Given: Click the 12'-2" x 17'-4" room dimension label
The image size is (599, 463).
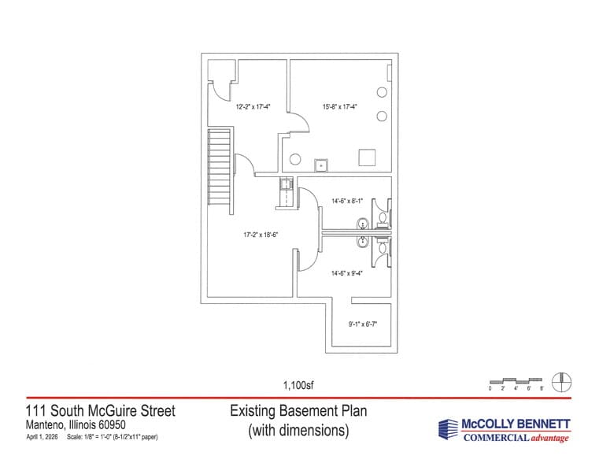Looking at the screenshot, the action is [x=253, y=107].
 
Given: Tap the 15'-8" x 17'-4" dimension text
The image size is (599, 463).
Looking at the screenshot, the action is [x=339, y=107].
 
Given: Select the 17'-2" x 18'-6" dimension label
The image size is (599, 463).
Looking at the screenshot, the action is [x=261, y=235].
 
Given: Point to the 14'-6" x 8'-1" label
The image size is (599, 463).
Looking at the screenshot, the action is [x=347, y=201].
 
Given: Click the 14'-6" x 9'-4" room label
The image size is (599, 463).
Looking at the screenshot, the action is [x=347, y=273].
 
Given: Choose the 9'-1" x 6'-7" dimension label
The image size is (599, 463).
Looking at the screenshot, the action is [x=363, y=324].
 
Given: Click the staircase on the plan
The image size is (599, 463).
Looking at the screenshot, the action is [x=219, y=167].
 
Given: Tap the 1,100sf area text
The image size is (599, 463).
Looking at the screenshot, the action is [x=298, y=385].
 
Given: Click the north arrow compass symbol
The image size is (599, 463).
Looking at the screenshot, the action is [x=562, y=382].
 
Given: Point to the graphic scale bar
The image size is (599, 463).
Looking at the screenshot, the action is [x=516, y=381].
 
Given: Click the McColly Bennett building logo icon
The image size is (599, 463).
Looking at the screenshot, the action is [x=448, y=429].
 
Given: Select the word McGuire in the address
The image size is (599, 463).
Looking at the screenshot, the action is [x=113, y=411].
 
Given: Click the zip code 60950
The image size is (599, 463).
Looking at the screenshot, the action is [x=112, y=424].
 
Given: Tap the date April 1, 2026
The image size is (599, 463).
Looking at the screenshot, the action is [x=42, y=437].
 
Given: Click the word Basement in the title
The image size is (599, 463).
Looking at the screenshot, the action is [x=304, y=411].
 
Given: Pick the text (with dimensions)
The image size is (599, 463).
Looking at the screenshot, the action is [x=298, y=431].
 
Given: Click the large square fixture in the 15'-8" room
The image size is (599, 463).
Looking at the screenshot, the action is [x=367, y=157].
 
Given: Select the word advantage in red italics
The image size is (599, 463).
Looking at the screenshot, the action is [x=549, y=438].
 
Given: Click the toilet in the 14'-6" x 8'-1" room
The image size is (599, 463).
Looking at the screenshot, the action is [x=382, y=218].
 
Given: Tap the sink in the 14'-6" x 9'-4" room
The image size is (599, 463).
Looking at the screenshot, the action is [x=362, y=242].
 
